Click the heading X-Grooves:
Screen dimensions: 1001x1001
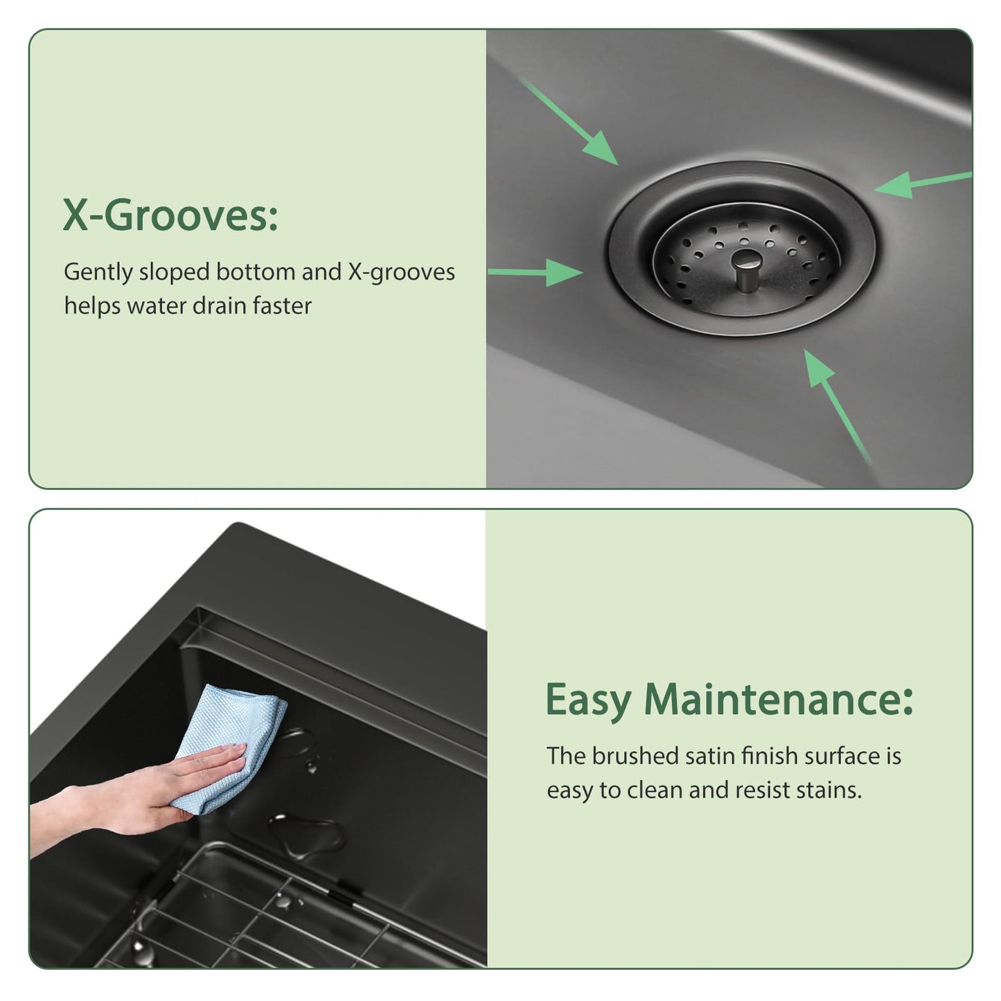170,215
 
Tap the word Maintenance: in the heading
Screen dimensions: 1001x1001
778,700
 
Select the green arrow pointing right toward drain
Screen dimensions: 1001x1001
535,272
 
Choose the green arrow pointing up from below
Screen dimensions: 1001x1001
837,406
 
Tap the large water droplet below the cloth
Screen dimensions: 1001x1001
305,835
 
